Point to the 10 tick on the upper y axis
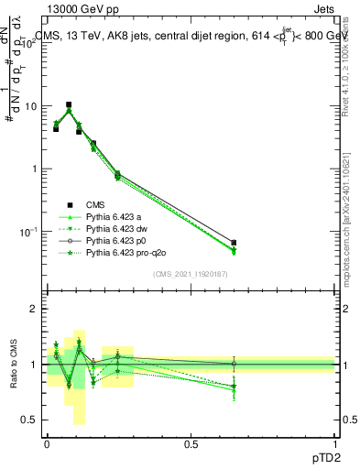(x=32, y=106)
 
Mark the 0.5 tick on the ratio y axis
(x=30, y=420)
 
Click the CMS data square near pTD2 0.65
(x=234, y=243)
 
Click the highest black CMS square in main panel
(x=68, y=104)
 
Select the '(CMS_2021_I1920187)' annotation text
(x=190, y=273)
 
